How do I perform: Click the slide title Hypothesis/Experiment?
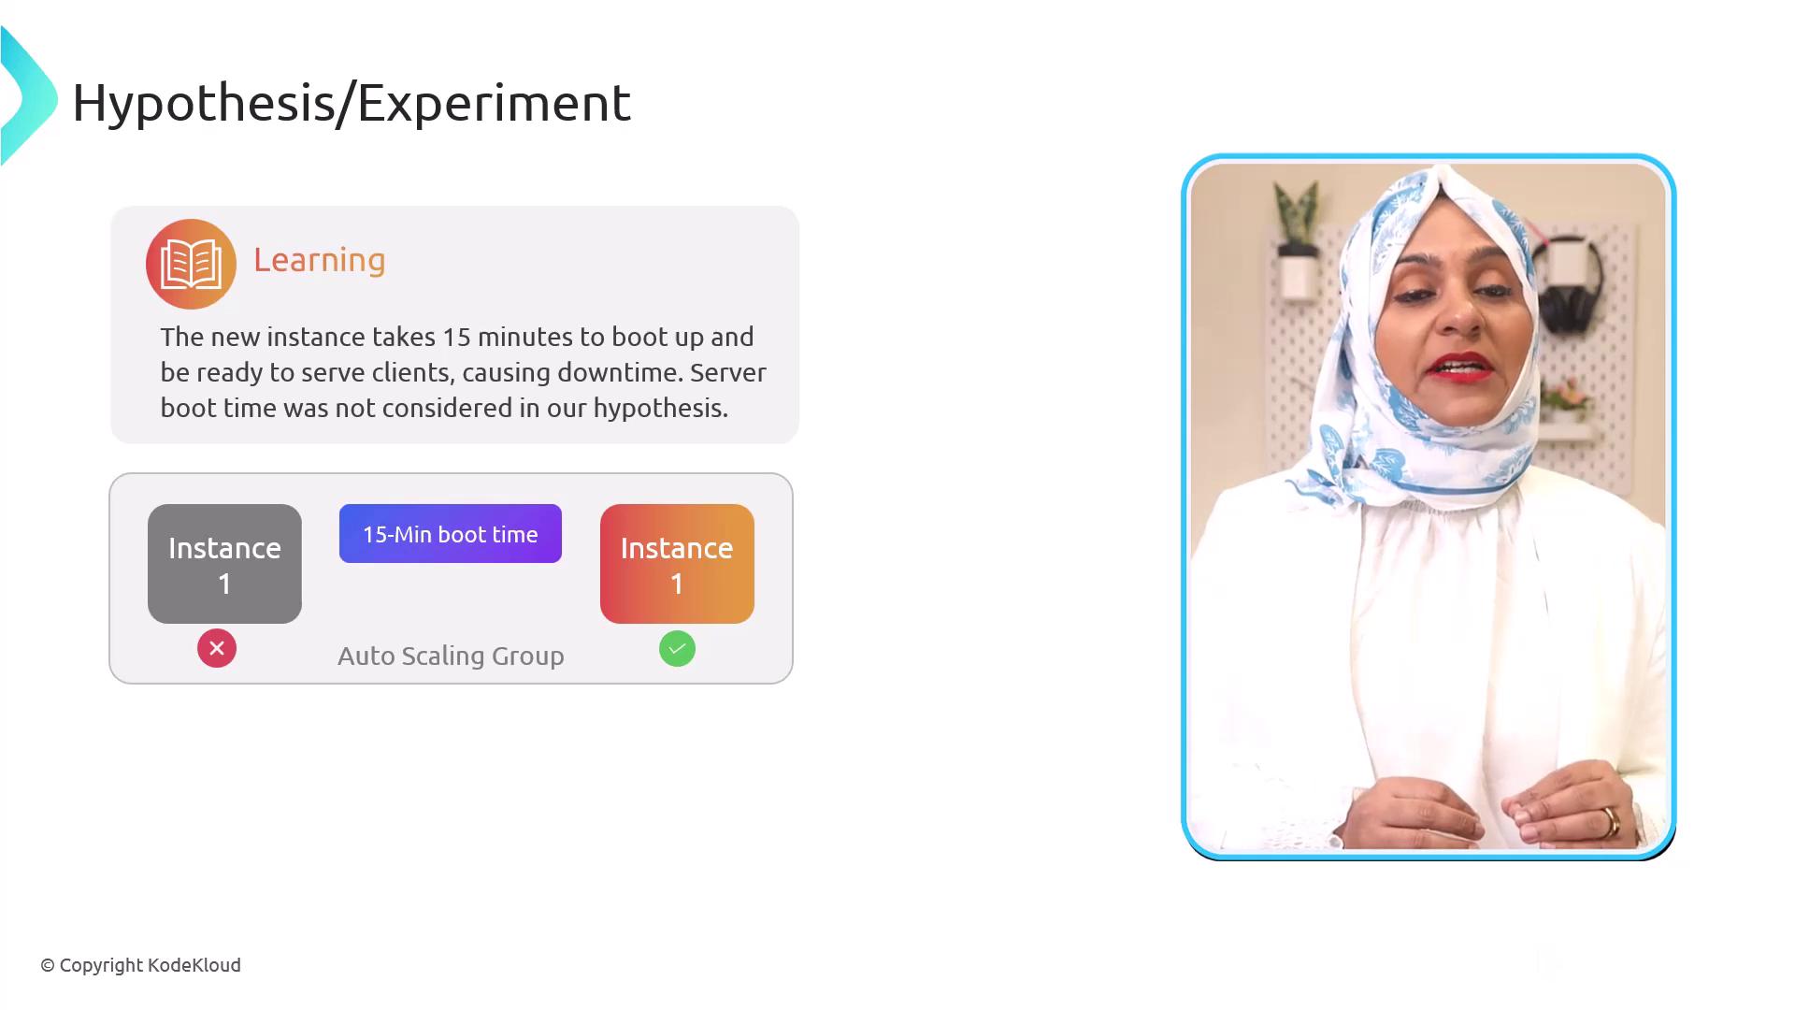[x=352, y=104]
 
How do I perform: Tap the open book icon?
[x=191, y=264]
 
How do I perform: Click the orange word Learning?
[x=320, y=261]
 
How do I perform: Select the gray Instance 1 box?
[x=224, y=564]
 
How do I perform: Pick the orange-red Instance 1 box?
[x=677, y=564]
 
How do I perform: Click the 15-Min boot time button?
[x=451, y=534]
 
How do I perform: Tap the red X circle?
[x=217, y=648]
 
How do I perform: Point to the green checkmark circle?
[x=677, y=648]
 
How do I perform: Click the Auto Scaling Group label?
[x=451, y=656]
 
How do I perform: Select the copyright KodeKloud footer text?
[x=140, y=965]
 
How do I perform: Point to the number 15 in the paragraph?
[x=456, y=337]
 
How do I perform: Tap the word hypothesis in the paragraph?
[x=660, y=409]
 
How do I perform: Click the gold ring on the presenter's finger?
[x=1611, y=822]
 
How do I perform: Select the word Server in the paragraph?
[x=728, y=372]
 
